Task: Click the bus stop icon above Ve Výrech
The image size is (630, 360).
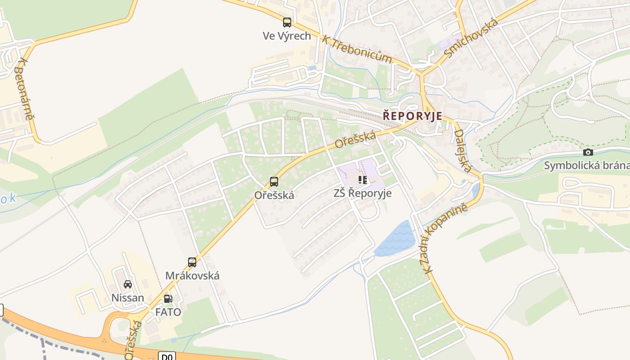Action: (x=287, y=22)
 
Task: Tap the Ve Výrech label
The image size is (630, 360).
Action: (x=287, y=36)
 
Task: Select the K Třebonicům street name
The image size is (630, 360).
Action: (x=357, y=49)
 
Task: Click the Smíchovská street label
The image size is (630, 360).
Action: (x=471, y=38)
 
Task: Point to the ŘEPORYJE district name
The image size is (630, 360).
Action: (x=413, y=116)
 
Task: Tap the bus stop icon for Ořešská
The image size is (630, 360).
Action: (x=274, y=182)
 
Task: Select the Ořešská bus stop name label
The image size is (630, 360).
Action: (x=274, y=195)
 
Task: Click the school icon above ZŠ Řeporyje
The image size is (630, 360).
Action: (x=363, y=180)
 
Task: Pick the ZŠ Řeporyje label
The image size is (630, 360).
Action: (x=363, y=193)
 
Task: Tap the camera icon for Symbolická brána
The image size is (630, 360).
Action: (x=588, y=153)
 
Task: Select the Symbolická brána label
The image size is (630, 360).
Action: (x=587, y=166)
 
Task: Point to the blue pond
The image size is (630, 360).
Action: (x=396, y=239)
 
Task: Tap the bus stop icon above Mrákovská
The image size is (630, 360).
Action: (x=192, y=262)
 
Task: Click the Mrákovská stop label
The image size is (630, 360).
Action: (x=193, y=275)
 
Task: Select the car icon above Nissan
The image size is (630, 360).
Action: (x=128, y=284)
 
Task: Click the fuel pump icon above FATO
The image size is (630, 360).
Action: (x=168, y=298)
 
